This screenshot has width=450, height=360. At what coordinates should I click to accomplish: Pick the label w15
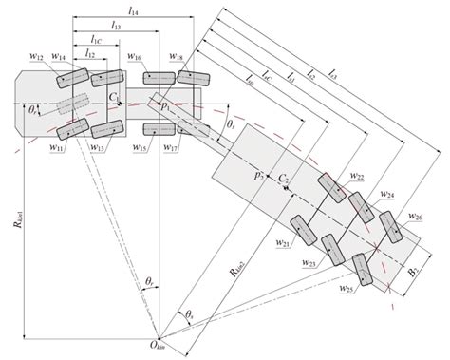pyautogui.click(x=139, y=148)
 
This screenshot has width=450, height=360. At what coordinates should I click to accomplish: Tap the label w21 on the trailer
pyautogui.click(x=283, y=244)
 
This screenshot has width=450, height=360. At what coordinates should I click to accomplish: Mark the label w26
pyautogui.click(x=416, y=218)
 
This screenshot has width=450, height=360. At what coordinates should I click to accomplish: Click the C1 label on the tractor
pyautogui.click(x=114, y=96)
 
